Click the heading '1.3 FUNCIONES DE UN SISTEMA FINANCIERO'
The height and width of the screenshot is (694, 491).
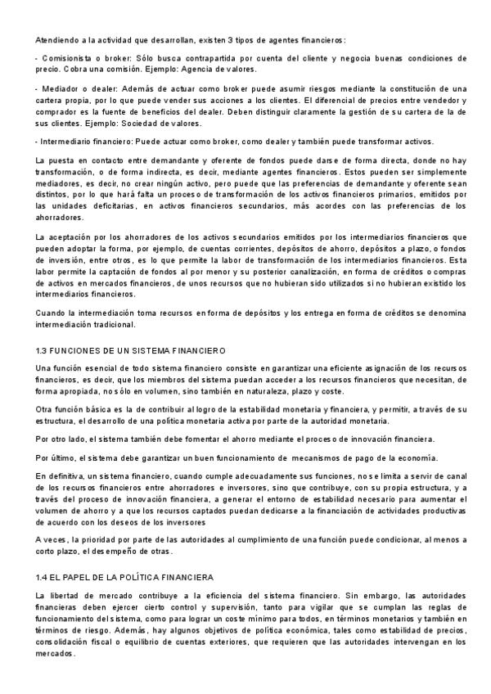pos(125,350)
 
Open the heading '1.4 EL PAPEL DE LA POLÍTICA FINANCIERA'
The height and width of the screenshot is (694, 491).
pos(124,577)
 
